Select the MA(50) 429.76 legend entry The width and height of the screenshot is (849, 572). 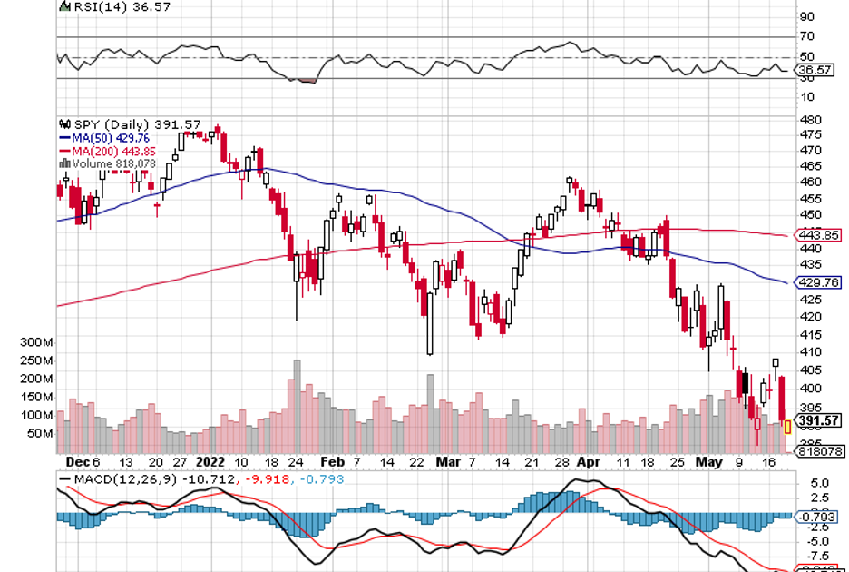[107, 137]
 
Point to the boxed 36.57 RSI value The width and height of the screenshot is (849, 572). [815, 69]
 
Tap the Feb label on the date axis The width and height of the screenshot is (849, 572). [333, 461]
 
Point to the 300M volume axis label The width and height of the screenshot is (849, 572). [34, 342]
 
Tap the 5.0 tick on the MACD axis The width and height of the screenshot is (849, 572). [807, 482]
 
